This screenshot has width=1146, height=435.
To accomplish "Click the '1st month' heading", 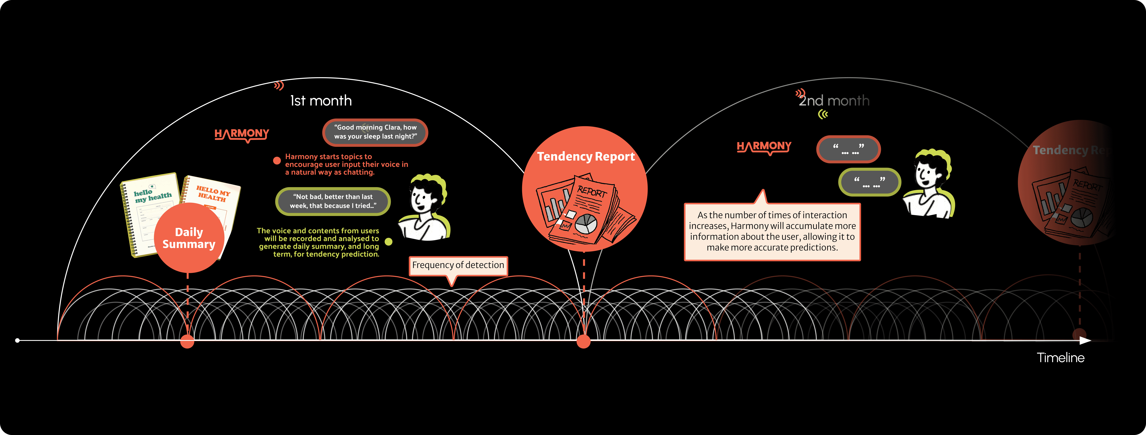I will (x=321, y=101).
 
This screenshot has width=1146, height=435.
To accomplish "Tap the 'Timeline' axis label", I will (x=1061, y=358).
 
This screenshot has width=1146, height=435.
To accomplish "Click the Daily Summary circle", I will (x=189, y=238).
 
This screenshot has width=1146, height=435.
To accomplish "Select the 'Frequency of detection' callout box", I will (x=458, y=265).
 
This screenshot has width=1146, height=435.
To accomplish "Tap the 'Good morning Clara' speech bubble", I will (x=375, y=132).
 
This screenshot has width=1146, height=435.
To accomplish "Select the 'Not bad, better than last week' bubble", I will (x=333, y=201).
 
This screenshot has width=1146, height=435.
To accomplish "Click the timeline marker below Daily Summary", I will (x=187, y=342).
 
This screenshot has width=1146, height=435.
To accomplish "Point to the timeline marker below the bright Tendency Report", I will (x=583, y=342).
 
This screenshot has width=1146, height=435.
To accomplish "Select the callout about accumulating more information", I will (x=772, y=231).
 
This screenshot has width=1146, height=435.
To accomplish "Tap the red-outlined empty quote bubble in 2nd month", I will (x=848, y=149).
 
